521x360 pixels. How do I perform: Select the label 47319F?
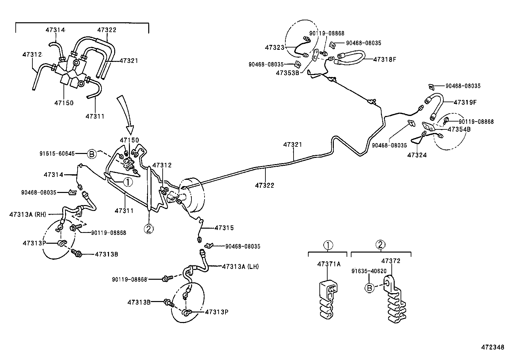coord(465,102)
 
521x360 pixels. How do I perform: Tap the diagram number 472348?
coord(492,347)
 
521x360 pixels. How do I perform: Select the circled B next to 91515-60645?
coord(92,154)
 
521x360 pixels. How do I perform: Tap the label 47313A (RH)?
coord(28,215)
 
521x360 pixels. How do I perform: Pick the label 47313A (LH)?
coord(240,267)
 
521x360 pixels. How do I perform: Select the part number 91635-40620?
coord(369,271)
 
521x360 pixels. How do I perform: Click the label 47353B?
coord(287,73)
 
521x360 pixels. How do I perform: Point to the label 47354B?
coord(459,129)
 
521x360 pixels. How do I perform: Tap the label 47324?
coord(417,155)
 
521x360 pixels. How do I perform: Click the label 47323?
coord(275,47)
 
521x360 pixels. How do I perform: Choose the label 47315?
coord(224,228)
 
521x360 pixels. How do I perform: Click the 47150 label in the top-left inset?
coord(64,103)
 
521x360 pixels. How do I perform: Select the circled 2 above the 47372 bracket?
coord(380,244)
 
